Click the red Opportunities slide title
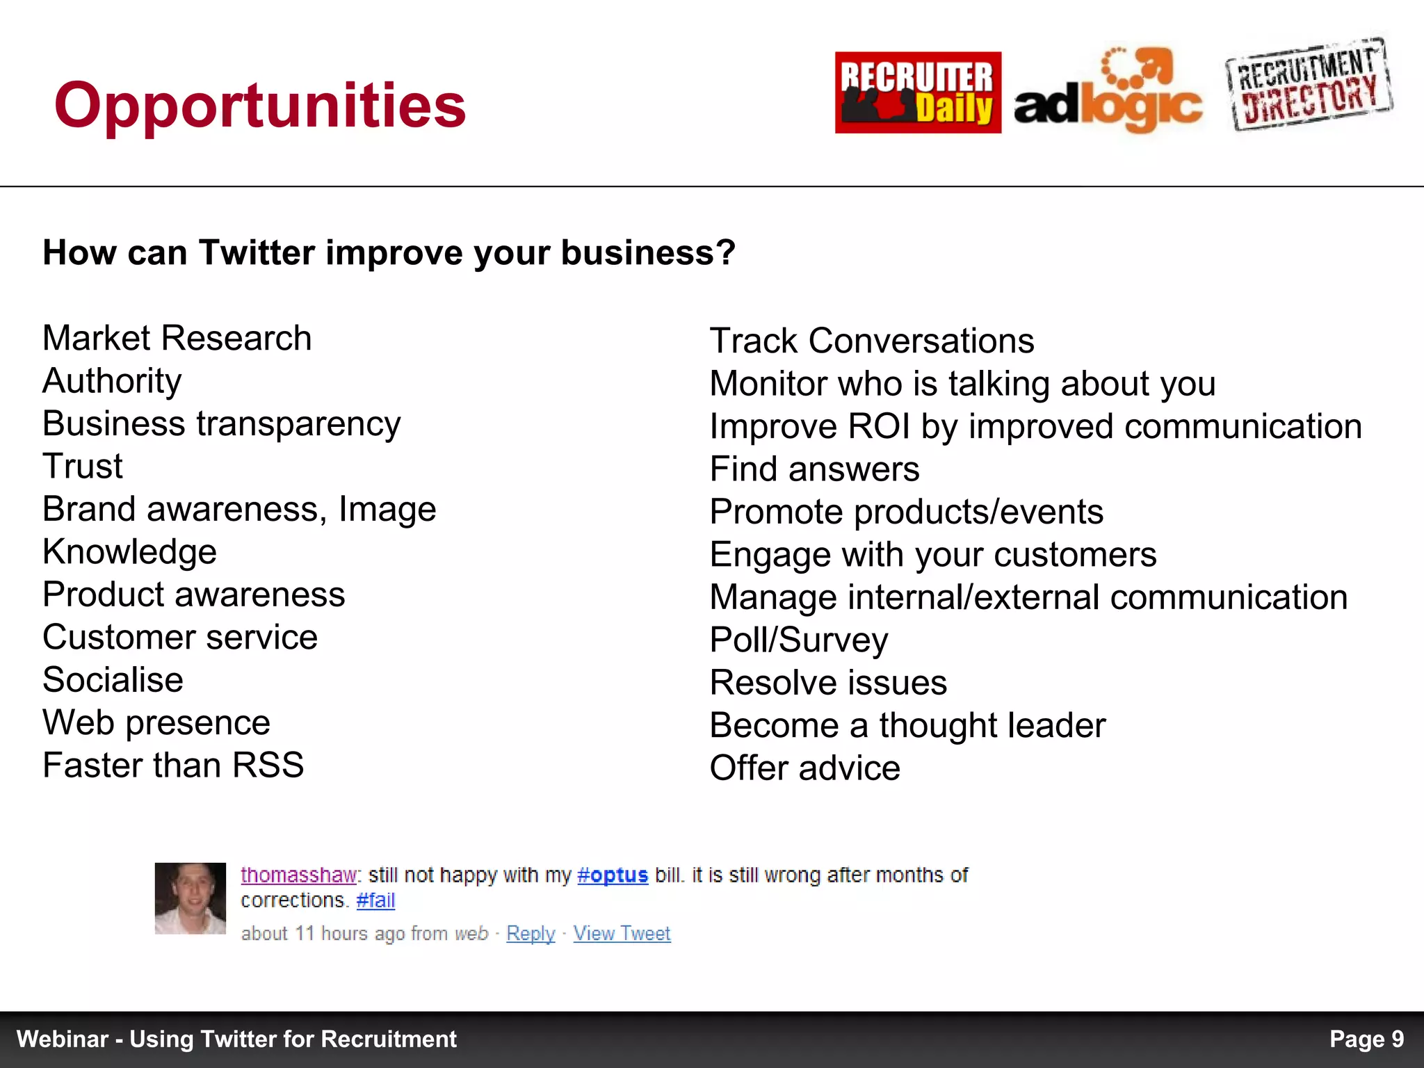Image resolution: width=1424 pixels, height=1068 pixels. click(x=259, y=106)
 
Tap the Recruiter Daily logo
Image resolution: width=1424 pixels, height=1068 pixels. click(x=918, y=92)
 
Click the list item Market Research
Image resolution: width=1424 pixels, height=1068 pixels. click(x=177, y=339)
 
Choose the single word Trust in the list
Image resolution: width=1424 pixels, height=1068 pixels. click(x=82, y=467)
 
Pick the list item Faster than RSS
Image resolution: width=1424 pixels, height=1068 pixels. click(x=173, y=766)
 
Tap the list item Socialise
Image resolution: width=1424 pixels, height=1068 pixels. click(x=113, y=680)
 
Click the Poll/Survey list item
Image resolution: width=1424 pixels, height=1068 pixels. click(x=798, y=640)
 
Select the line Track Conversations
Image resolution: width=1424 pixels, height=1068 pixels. click(x=872, y=341)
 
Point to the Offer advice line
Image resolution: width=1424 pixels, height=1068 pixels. click(x=804, y=768)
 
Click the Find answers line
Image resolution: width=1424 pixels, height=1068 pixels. click(x=814, y=469)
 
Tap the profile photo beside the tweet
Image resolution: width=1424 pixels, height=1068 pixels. click(x=190, y=898)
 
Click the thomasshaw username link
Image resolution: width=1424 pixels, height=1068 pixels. click(x=298, y=875)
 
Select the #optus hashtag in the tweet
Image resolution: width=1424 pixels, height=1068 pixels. click(x=612, y=875)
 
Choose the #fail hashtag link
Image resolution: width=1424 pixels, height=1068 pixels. click(x=375, y=900)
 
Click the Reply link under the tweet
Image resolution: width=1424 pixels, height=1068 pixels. click(x=531, y=933)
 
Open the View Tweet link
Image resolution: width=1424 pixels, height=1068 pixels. click(x=622, y=933)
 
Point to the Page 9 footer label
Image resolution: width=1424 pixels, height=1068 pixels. click(x=1366, y=1039)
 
